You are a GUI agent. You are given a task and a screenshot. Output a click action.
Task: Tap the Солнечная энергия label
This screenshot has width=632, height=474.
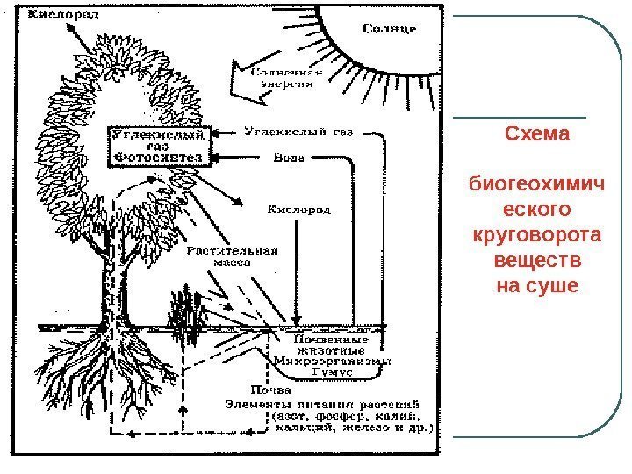288,79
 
